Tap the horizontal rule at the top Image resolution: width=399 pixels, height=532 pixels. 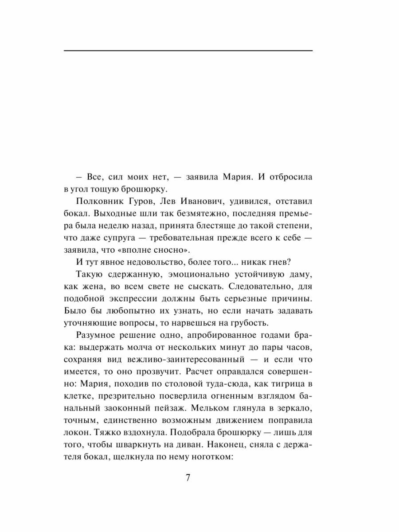188,51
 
